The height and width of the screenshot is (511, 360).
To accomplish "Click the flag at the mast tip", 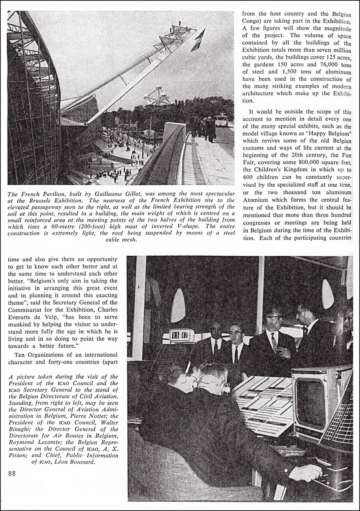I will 198,39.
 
